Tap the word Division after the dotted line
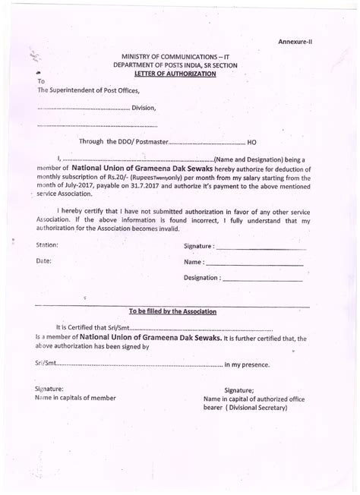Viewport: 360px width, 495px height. click(144, 108)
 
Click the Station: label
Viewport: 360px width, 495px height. click(47, 245)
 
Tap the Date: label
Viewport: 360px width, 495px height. click(43, 261)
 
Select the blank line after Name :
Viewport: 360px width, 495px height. click(254, 263)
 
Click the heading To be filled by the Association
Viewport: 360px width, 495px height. click(172, 311)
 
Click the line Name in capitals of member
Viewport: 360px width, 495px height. click(75, 397)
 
